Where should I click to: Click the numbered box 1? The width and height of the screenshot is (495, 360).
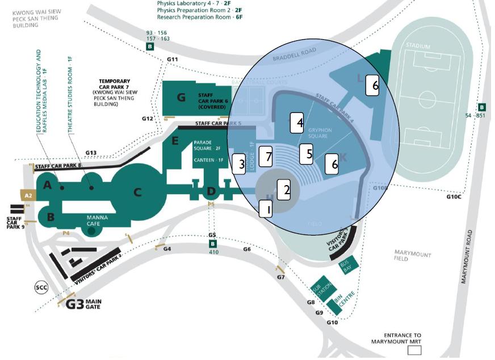click(266, 208)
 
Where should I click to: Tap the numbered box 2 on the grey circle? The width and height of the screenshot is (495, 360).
click(283, 189)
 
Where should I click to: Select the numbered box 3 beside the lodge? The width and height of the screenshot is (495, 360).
click(239, 164)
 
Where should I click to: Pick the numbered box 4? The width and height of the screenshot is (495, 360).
click(297, 123)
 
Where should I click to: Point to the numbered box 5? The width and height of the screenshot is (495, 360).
click(306, 153)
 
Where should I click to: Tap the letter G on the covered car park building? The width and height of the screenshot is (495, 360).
click(181, 97)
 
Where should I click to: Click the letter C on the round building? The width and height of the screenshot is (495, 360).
click(137, 192)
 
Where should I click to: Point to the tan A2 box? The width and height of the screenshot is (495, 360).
click(28, 195)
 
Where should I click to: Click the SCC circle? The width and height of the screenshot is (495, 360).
click(41, 287)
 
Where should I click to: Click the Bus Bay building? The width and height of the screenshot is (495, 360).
click(346, 266)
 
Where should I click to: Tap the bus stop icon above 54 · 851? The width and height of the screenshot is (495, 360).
click(482, 107)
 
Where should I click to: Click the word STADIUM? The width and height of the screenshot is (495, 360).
click(418, 45)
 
